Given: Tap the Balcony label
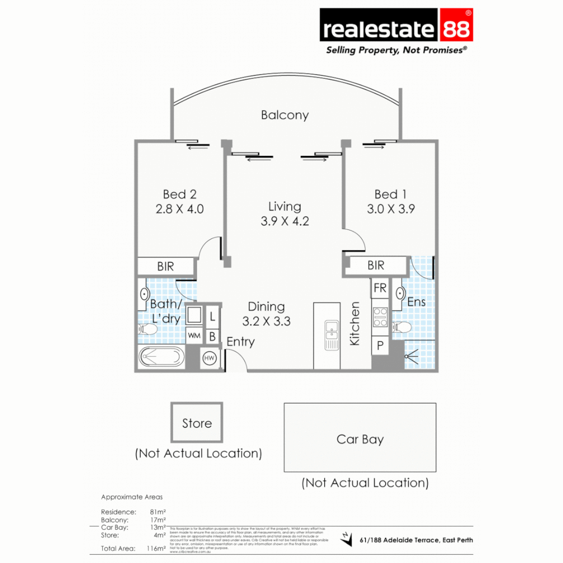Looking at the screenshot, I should click(285, 115).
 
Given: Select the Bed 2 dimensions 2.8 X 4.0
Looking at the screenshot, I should click(179, 209).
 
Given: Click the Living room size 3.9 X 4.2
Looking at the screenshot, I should click(285, 221).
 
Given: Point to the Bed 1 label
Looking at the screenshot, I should click(390, 195).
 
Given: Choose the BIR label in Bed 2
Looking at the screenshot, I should click(166, 266).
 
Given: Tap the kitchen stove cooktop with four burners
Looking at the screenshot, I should click(381, 317).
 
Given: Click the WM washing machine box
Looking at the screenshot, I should click(194, 335).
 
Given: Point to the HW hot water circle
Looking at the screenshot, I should click(210, 358).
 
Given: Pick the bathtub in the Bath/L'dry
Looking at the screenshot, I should click(162, 358).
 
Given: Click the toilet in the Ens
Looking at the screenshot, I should click(402, 327).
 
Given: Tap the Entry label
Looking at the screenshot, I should click(240, 342).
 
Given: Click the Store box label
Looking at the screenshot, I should click(197, 423).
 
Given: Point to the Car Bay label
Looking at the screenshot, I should click(360, 439).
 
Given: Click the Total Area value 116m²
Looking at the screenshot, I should click(157, 548).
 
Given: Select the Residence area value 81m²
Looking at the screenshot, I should click(157, 512).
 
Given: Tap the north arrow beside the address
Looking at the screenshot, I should click(346, 540).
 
